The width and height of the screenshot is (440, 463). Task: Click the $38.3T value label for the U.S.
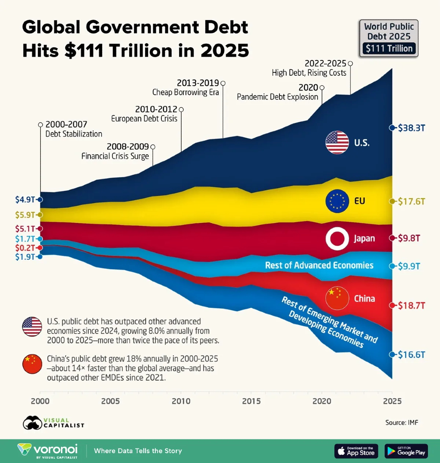pyautogui.click(x=411, y=128)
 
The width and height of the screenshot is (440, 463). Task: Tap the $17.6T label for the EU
pyautogui.click(x=411, y=201)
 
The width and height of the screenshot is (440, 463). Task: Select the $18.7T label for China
pyautogui.click(x=411, y=305)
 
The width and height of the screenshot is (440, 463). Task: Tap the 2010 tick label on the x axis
pyautogui.click(x=181, y=401)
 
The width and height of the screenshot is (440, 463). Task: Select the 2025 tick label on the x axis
pyautogui.click(x=391, y=401)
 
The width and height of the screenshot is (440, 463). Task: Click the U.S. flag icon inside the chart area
pyautogui.click(x=337, y=143)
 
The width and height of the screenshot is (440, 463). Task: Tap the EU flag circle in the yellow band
pyautogui.click(x=337, y=201)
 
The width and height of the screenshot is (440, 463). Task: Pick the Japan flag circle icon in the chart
pyautogui.click(x=337, y=239)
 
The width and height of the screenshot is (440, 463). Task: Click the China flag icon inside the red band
pyautogui.click(x=337, y=298)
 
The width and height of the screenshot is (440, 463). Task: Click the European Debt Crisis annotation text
pyautogui.click(x=144, y=118)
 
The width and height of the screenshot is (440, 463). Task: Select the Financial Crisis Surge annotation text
pyautogui.click(x=115, y=156)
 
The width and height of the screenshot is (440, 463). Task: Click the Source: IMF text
pyautogui.click(x=401, y=423)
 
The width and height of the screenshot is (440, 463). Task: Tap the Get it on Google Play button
pyautogui.click(x=406, y=451)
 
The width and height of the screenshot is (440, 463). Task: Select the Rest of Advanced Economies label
pyautogui.click(x=319, y=265)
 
